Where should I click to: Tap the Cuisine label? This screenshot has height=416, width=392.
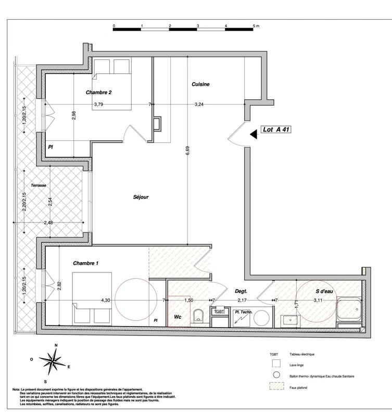(x=200, y=84)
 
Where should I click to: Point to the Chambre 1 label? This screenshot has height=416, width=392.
(x=86, y=264)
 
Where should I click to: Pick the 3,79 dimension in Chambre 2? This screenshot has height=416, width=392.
(x=98, y=105)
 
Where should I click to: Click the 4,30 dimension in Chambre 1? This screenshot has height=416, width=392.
(x=106, y=301)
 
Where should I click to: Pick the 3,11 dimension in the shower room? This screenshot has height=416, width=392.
(x=321, y=301)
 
